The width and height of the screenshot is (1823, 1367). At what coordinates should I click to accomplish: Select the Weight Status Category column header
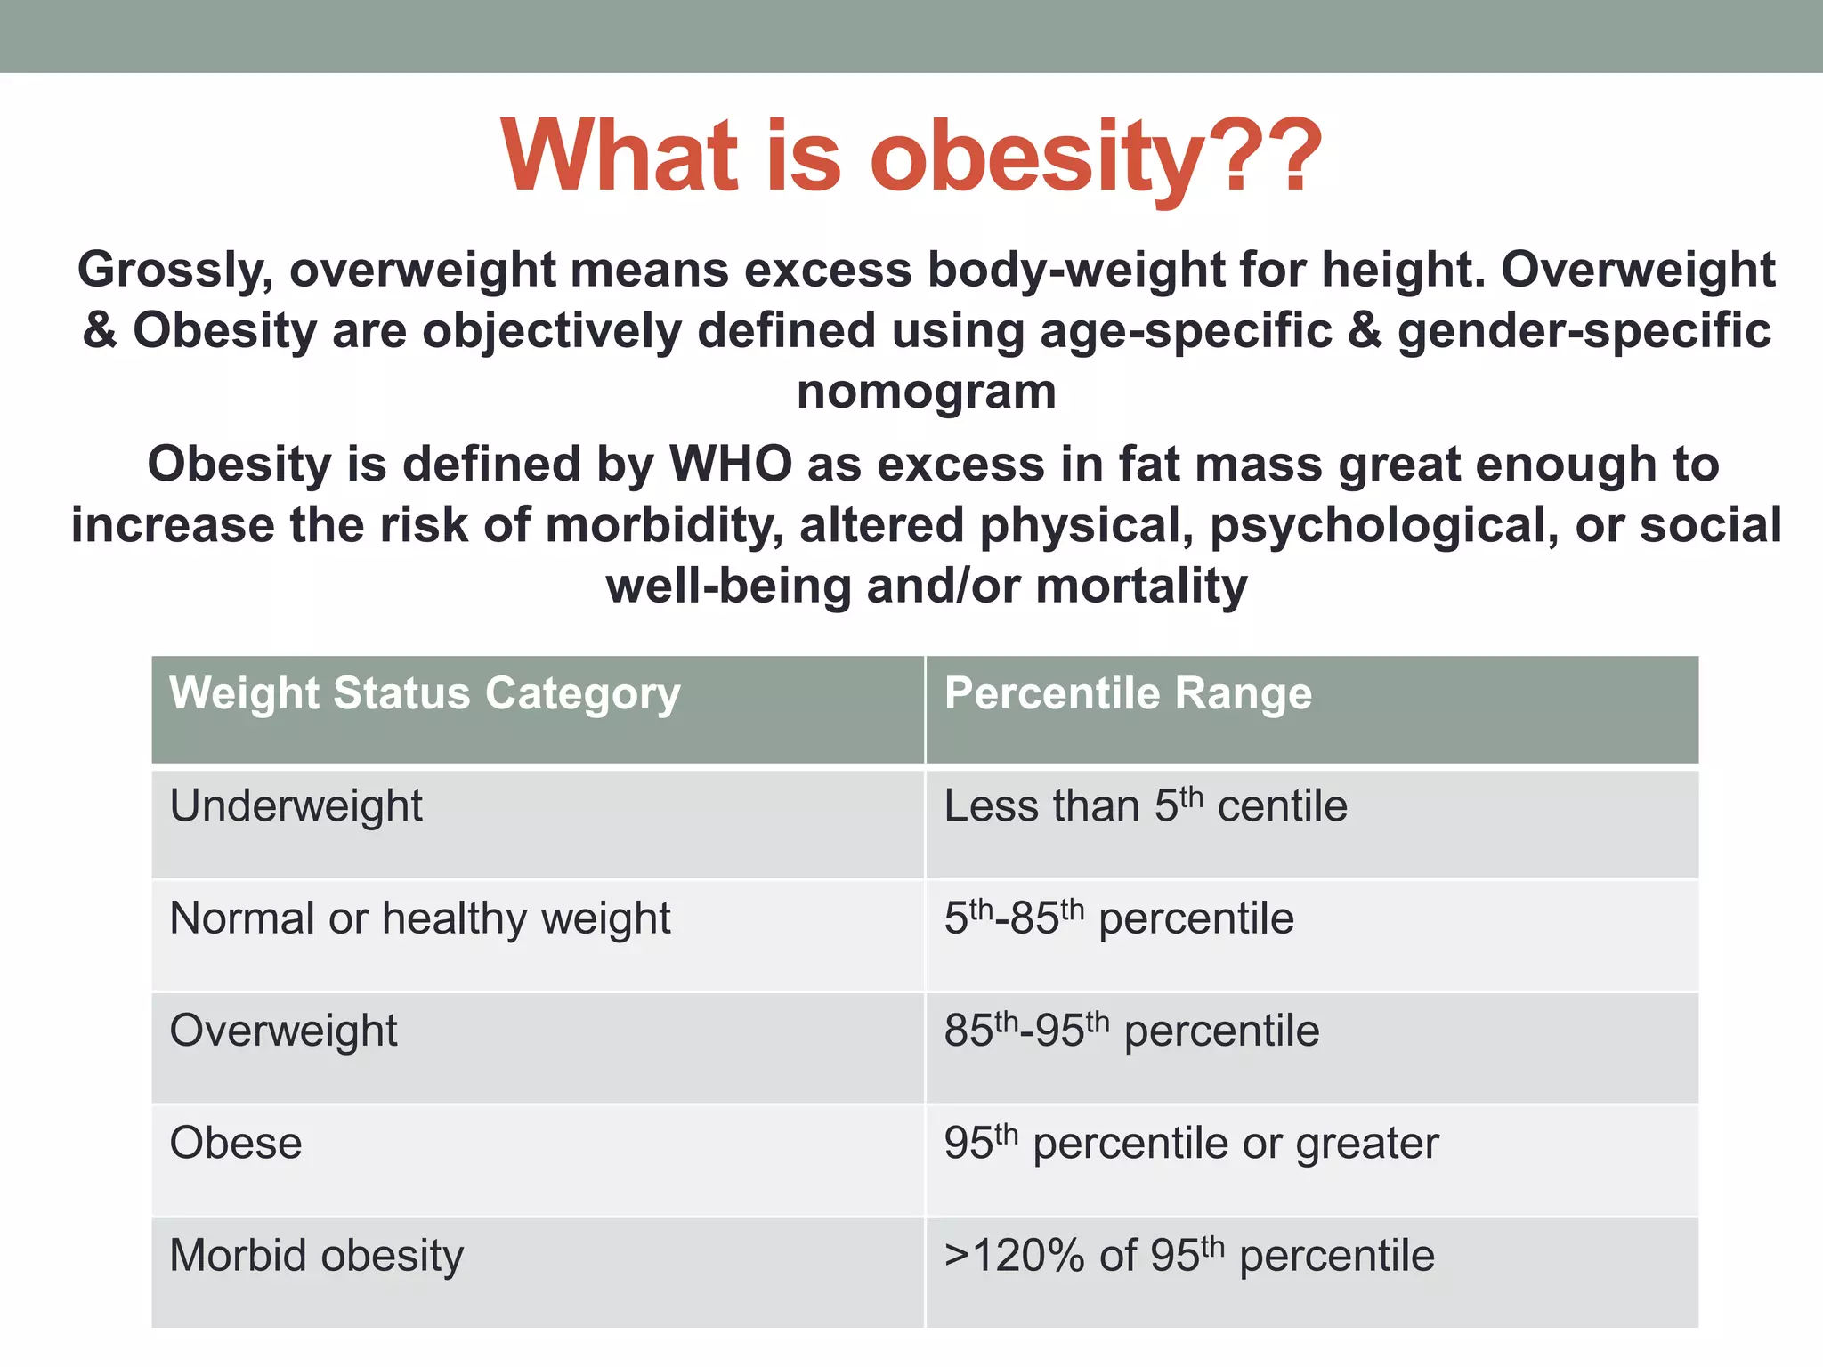click(425, 693)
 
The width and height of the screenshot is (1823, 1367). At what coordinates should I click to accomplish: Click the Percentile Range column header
click(1128, 693)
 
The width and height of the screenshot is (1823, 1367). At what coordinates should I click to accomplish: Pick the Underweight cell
click(296, 806)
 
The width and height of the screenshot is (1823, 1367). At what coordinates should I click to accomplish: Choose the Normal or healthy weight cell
click(419, 918)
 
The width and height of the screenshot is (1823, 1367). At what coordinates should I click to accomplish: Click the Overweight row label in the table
click(283, 1031)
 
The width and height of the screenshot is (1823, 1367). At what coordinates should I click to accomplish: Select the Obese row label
click(236, 1144)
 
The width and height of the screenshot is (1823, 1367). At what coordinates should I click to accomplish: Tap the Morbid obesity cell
click(316, 1257)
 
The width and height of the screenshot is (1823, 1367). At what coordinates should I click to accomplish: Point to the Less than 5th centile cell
click(1145, 806)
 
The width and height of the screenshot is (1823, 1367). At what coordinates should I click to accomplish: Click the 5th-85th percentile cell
click(1118, 918)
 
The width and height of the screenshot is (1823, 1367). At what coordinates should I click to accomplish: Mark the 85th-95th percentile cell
click(1130, 1031)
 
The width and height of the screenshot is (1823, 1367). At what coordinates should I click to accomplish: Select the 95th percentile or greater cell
click(1190, 1144)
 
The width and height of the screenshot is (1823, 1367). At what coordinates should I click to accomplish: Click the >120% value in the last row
click(1014, 1257)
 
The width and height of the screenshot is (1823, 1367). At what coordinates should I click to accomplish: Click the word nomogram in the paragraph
click(926, 392)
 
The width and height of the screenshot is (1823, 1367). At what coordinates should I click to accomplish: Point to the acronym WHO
click(730, 465)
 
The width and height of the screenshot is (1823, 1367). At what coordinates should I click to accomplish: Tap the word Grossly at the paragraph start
click(174, 270)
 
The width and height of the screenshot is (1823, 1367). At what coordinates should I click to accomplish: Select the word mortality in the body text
click(1141, 586)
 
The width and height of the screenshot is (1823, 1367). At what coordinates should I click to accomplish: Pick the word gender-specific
click(1584, 331)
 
